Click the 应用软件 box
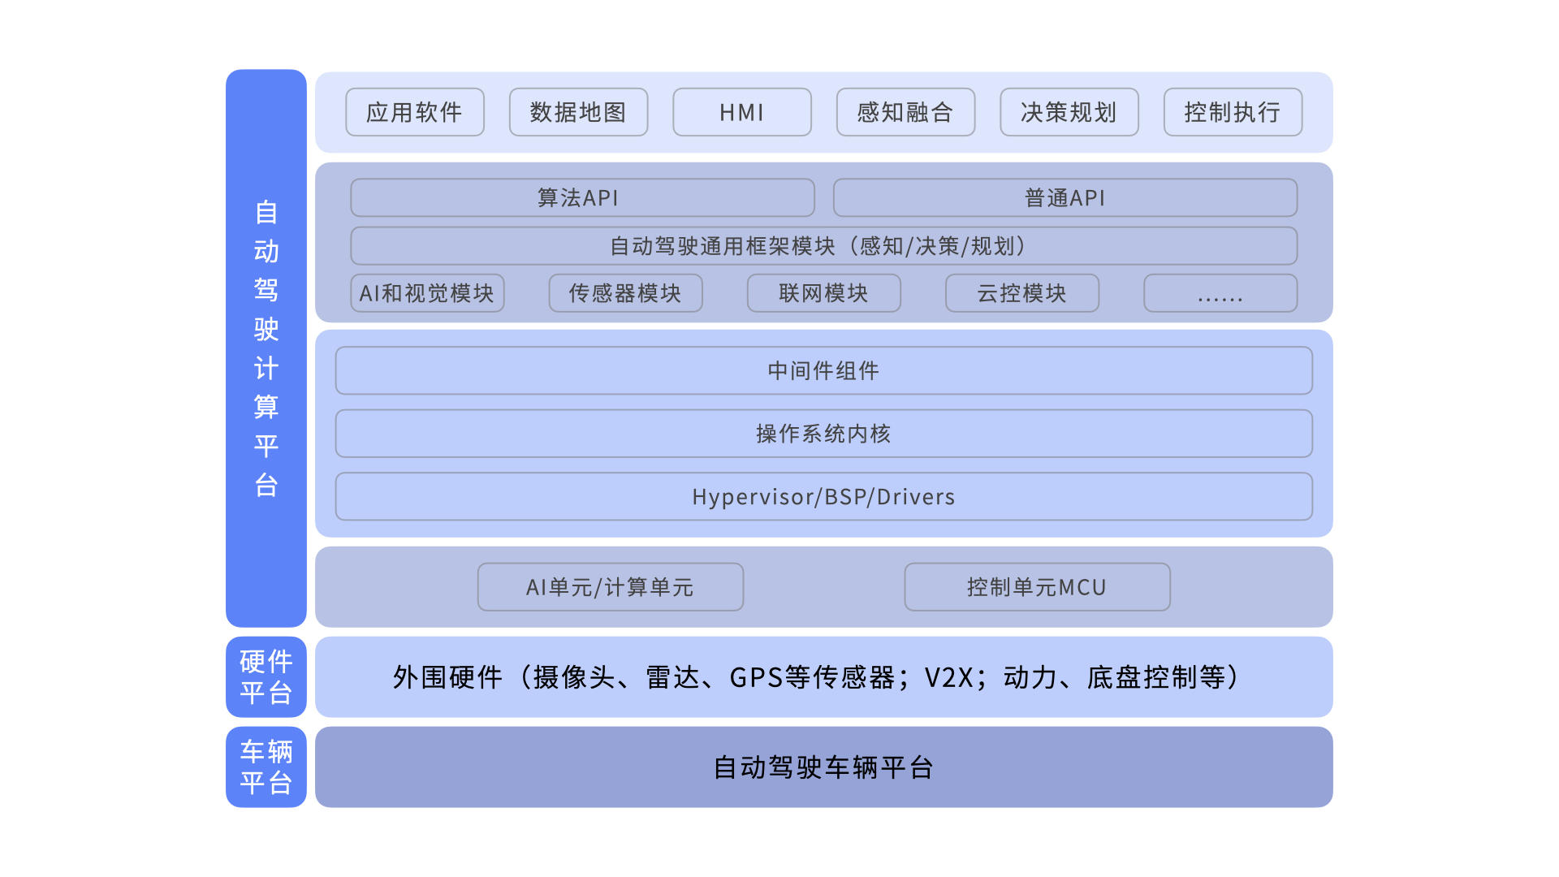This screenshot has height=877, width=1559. (x=415, y=112)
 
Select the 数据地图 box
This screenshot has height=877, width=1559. (x=578, y=112)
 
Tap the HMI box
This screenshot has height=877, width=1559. (x=742, y=112)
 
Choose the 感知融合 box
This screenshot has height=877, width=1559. (x=905, y=112)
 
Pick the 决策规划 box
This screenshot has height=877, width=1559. (x=1069, y=112)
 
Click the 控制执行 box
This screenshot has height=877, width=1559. (x=1233, y=112)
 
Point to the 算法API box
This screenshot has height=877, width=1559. (x=582, y=197)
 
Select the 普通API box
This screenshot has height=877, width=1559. (x=1065, y=197)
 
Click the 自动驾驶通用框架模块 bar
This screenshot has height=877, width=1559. (x=824, y=246)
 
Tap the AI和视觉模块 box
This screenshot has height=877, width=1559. (x=427, y=293)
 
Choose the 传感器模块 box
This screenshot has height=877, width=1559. (x=625, y=293)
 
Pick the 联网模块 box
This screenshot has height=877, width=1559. (x=824, y=293)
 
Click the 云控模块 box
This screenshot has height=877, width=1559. (x=1022, y=293)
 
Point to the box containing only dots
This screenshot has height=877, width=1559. (x=1220, y=293)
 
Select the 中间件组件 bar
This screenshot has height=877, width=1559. (x=824, y=371)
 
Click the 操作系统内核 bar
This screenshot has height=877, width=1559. (x=824, y=434)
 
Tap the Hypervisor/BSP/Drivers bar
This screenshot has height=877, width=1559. (x=824, y=497)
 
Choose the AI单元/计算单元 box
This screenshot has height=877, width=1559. (x=611, y=587)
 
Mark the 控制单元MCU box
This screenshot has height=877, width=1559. (x=1038, y=587)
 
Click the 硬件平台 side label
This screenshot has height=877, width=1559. (x=266, y=677)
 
